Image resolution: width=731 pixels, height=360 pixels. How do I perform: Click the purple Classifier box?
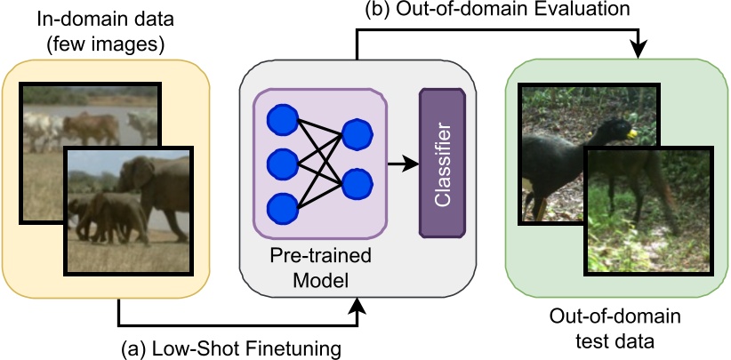coord(442,163)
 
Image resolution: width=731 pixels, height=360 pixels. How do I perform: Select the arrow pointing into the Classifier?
coord(405,163)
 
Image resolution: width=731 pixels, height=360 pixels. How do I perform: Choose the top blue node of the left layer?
coord(282,120)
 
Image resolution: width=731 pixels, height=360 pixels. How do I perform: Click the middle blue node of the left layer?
coord(282,163)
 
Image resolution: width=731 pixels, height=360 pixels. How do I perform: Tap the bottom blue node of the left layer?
coord(282,205)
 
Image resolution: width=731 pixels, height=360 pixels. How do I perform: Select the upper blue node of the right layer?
coord(357,134)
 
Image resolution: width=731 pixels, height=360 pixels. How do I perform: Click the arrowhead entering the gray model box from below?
coord(359,307)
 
